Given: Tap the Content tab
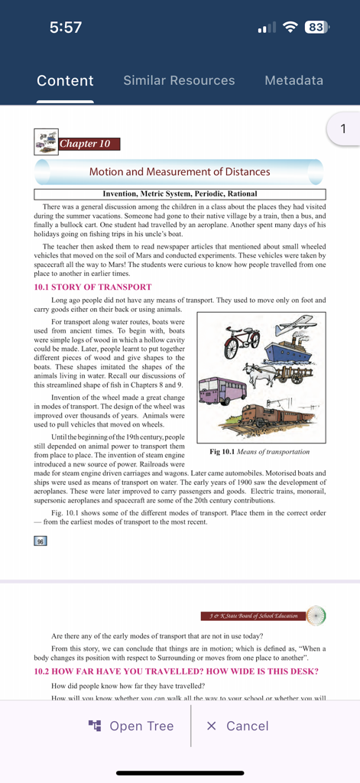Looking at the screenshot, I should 65,80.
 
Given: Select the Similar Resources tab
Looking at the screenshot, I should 179,80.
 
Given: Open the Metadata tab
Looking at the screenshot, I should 294,80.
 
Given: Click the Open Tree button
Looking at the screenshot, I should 131,726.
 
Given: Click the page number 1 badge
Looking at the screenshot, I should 344,129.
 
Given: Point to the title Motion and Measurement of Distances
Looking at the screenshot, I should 180,172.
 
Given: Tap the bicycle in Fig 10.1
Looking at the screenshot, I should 242,343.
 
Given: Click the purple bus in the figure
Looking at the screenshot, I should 222,391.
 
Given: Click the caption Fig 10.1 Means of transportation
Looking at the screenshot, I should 260,452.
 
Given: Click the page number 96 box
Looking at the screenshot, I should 41,541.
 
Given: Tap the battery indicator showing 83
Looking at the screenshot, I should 315,28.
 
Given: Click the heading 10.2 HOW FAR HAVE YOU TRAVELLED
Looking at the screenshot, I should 176,671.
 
